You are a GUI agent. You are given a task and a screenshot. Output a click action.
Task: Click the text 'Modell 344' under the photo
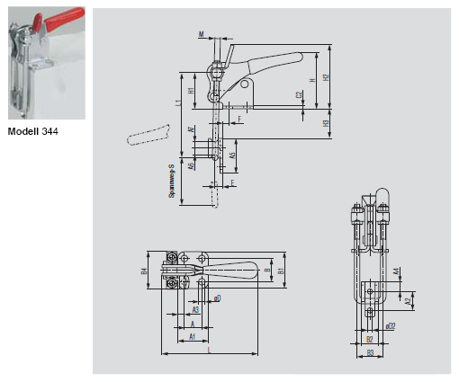34,132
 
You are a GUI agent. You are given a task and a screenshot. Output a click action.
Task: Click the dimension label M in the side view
201,33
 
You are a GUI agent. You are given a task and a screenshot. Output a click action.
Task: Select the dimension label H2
326,78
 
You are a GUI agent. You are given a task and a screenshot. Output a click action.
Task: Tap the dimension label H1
191,90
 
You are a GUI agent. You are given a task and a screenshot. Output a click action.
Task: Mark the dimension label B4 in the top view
144,271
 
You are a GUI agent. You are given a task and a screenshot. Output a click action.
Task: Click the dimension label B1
281,270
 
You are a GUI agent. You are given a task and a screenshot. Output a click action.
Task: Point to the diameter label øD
218,297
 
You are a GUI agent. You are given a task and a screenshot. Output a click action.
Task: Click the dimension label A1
191,335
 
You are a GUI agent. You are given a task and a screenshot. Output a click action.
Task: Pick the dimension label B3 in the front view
370,352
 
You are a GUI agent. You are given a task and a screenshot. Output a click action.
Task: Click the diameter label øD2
390,325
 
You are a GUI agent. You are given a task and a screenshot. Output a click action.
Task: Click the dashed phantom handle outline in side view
148,136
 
